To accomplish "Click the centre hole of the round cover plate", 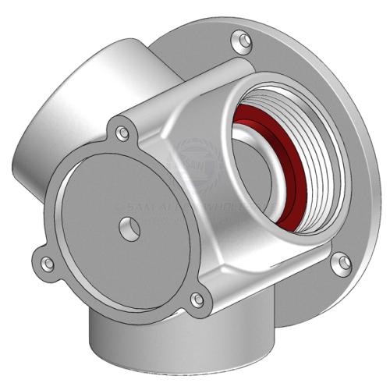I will (127, 229).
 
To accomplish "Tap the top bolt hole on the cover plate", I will (122, 133).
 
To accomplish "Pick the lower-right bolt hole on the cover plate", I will (198, 299).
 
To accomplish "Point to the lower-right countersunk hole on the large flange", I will (338, 264).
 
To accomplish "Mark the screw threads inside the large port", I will (316, 156).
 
